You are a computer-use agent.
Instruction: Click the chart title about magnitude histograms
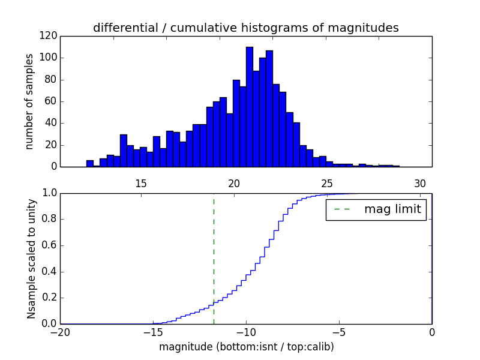[x=245, y=28]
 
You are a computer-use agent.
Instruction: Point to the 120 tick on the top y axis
[x=49, y=36]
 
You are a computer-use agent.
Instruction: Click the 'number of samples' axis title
[x=29, y=101]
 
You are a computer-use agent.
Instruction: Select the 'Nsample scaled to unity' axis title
[x=31, y=258]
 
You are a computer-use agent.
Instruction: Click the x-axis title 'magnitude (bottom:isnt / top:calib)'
[x=246, y=347]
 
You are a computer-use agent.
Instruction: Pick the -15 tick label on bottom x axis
[x=153, y=332]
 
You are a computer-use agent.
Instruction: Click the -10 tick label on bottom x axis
[x=246, y=332]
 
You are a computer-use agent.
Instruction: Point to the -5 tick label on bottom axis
[x=339, y=332]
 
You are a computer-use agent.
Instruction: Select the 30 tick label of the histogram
[x=420, y=183]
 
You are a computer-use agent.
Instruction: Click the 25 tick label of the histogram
[x=327, y=183]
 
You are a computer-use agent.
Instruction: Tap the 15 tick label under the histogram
[x=141, y=183]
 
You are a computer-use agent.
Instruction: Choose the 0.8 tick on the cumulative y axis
[x=49, y=219]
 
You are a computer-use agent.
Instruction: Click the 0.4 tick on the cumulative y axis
[x=49, y=271]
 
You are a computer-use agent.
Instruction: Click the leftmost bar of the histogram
[x=90, y=163]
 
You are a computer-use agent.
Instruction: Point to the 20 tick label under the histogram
[x=234, y=183]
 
